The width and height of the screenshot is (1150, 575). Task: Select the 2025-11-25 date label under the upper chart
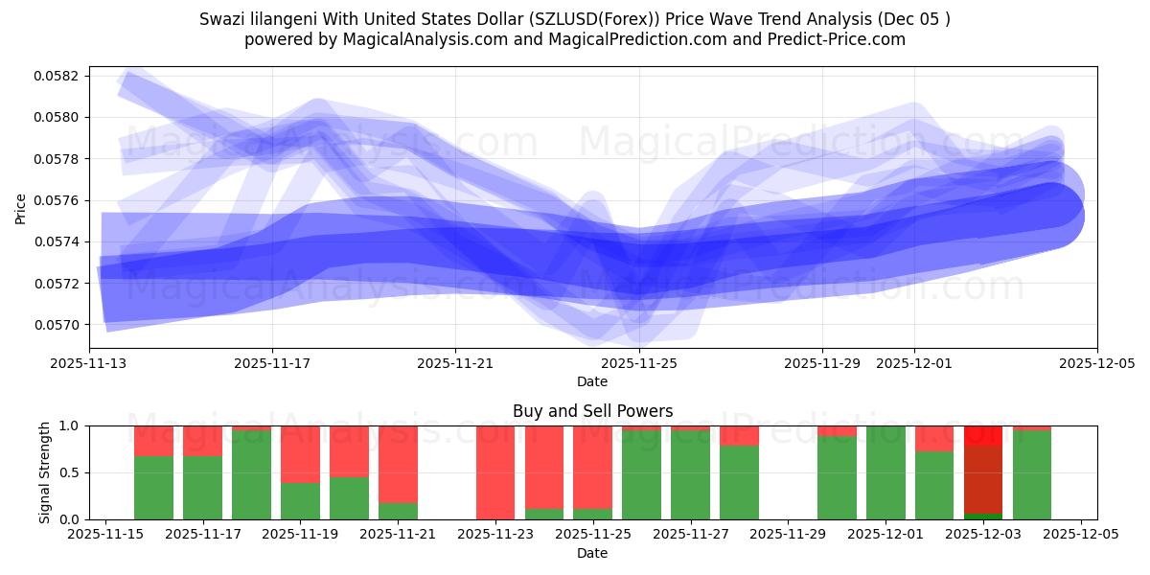639,363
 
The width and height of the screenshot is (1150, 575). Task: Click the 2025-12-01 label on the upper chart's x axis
913,363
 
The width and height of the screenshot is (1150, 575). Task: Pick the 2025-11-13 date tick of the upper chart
90,363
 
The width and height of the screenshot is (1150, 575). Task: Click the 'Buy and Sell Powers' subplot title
592,411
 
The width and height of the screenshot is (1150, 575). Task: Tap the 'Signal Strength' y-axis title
45,472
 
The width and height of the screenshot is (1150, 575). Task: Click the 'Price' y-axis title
21,207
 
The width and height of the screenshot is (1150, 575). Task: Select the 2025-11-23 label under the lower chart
494,535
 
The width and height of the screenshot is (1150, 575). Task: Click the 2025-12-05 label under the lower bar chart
1081,535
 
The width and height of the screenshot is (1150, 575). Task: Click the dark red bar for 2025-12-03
983,479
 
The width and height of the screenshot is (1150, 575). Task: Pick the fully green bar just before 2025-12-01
885,472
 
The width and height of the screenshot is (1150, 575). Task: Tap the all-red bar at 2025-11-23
494,472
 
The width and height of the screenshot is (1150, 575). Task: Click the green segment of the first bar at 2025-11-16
153,489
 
